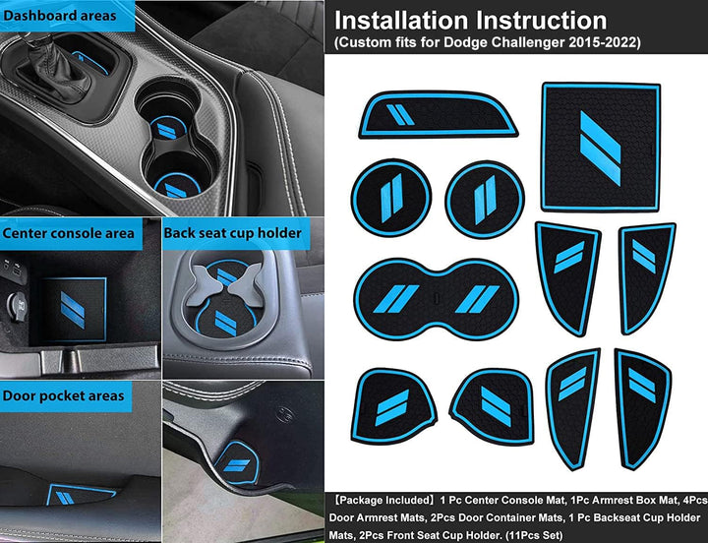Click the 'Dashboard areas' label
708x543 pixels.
click(60, 16)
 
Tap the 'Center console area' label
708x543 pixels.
click(68, 233)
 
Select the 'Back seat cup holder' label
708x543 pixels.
click(232, 233)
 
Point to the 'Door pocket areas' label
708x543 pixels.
click(63, 395)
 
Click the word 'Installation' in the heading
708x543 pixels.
click(401, 21)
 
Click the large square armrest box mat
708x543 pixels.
click(601, 147)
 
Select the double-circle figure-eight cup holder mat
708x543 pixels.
click(437, 299)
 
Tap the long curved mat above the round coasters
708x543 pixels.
click(438, 115)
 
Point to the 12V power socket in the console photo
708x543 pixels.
click(17, 307)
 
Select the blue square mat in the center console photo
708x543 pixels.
click(74, 310)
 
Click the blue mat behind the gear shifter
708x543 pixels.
click(90, 61)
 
